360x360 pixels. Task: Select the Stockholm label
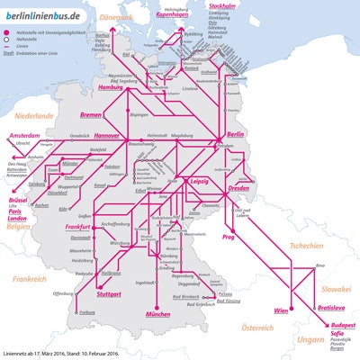click(x=247, y=6)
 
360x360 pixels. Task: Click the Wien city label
click(x=279, y=310)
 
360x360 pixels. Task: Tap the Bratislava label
click(x=319, y=307)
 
